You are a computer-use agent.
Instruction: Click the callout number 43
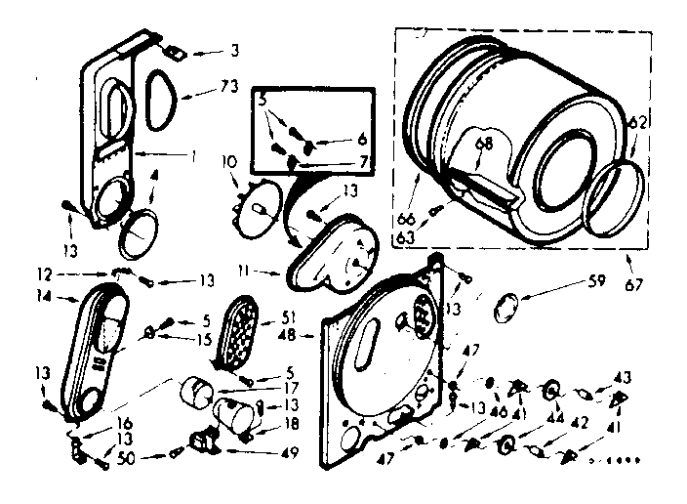[621, 377]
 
